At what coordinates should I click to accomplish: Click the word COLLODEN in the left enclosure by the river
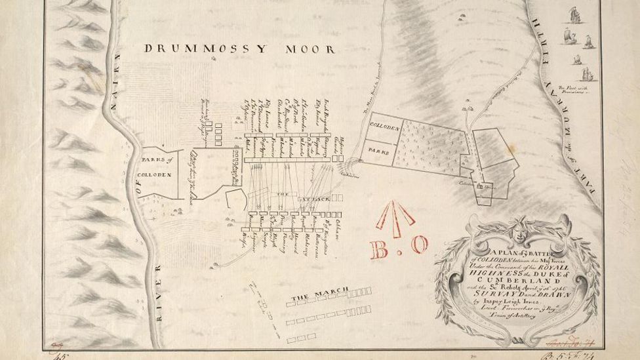[155, 174]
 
